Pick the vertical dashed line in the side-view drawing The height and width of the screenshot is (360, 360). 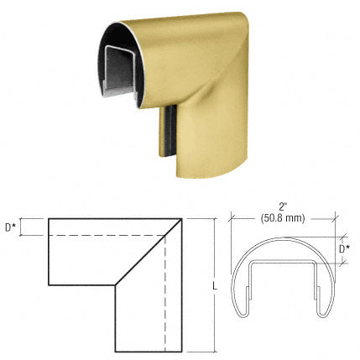pos(165,294)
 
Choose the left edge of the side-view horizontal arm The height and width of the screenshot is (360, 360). pos(50,253)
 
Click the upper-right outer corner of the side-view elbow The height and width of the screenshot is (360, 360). pos(182,219)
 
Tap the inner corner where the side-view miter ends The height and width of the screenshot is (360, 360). pos(114,285)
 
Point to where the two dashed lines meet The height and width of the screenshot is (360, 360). pos(165,236)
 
